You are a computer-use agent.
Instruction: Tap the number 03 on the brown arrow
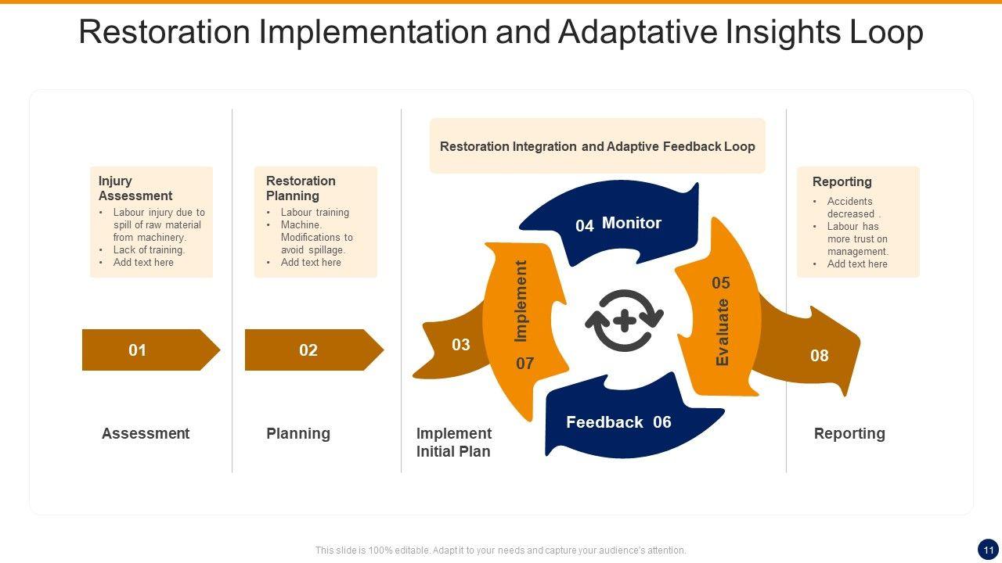460,345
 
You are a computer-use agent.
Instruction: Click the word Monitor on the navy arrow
632,223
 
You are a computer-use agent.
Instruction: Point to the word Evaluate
723,332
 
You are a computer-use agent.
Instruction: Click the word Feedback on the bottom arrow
604,422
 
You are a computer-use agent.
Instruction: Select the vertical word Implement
521,301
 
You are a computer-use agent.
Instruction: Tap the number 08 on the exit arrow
819,356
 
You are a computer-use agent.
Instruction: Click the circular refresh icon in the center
625,321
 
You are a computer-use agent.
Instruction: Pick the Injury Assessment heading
135,188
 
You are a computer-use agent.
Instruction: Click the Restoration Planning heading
301,188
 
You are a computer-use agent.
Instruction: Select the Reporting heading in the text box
842,181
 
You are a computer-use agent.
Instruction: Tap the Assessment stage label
146,433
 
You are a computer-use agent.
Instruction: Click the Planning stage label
298,433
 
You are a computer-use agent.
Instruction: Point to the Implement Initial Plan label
454,442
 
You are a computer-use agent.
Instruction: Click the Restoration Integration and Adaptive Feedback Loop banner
597,146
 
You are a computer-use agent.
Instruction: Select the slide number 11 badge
988,549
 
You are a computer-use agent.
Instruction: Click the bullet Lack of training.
149,250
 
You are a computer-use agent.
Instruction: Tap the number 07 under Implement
524,364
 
